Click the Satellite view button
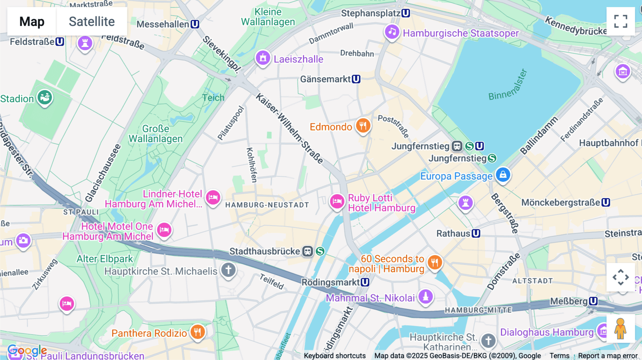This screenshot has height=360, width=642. [x=92, y=21]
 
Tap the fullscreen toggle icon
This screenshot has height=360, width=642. [x=621, y=21]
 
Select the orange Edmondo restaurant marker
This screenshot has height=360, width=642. [x=363, y=125]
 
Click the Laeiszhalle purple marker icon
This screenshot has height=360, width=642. [x=263, y=58]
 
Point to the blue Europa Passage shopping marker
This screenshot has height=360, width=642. [x=503, y=175]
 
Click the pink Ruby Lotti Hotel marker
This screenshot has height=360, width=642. [x=337, y=202]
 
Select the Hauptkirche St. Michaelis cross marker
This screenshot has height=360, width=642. [x=228, y=270]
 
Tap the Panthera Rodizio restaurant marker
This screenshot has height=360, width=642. [x=197, y=332]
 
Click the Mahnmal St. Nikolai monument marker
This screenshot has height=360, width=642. [x=426, y=297]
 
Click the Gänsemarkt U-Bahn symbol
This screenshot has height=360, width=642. [x=356, y=79]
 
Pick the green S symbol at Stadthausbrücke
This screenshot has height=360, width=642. [x=320, y=251]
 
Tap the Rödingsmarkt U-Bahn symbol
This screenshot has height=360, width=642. [x=365, y=282]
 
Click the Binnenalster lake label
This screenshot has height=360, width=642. [x=507, y=86]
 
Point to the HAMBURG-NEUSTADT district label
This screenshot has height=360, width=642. [x=267, y=205]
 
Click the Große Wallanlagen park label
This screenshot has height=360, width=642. [x=156, y=134]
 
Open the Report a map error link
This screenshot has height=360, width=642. [x=607, y=356]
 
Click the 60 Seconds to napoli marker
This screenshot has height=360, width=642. [x=434, y=263]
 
